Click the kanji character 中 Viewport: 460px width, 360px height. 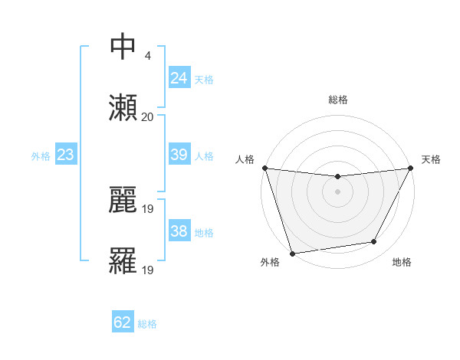click(123, 47)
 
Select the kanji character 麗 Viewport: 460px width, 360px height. click(123, 201)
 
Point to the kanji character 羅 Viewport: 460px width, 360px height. click(123, 261)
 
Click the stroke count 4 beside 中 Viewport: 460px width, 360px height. click(147, 56)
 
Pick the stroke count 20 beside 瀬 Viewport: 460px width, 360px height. click(147, 117)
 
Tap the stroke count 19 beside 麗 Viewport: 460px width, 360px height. click(149, 208)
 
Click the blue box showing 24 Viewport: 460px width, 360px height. click(179, 78)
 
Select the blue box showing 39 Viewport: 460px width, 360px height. click(179, 155)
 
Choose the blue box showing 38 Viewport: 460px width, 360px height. click(179, 231)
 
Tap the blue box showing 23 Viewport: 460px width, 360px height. click(65, 155)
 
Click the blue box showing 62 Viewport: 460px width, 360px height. click(123, 322)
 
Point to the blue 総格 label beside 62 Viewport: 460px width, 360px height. click(147, 324)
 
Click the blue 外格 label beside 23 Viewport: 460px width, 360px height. click(41, 156)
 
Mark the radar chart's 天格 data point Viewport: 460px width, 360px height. click(411, 169)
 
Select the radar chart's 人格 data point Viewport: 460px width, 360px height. click(264, 168)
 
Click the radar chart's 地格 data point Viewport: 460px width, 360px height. click(374, 242)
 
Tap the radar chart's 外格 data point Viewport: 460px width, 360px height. click(292, 253)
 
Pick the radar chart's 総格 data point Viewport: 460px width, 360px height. click(337, 178)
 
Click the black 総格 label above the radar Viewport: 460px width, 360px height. click(338, 100)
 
